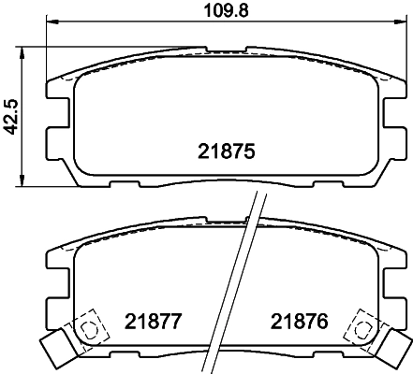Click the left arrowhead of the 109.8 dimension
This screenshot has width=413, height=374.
tap(49, 26)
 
